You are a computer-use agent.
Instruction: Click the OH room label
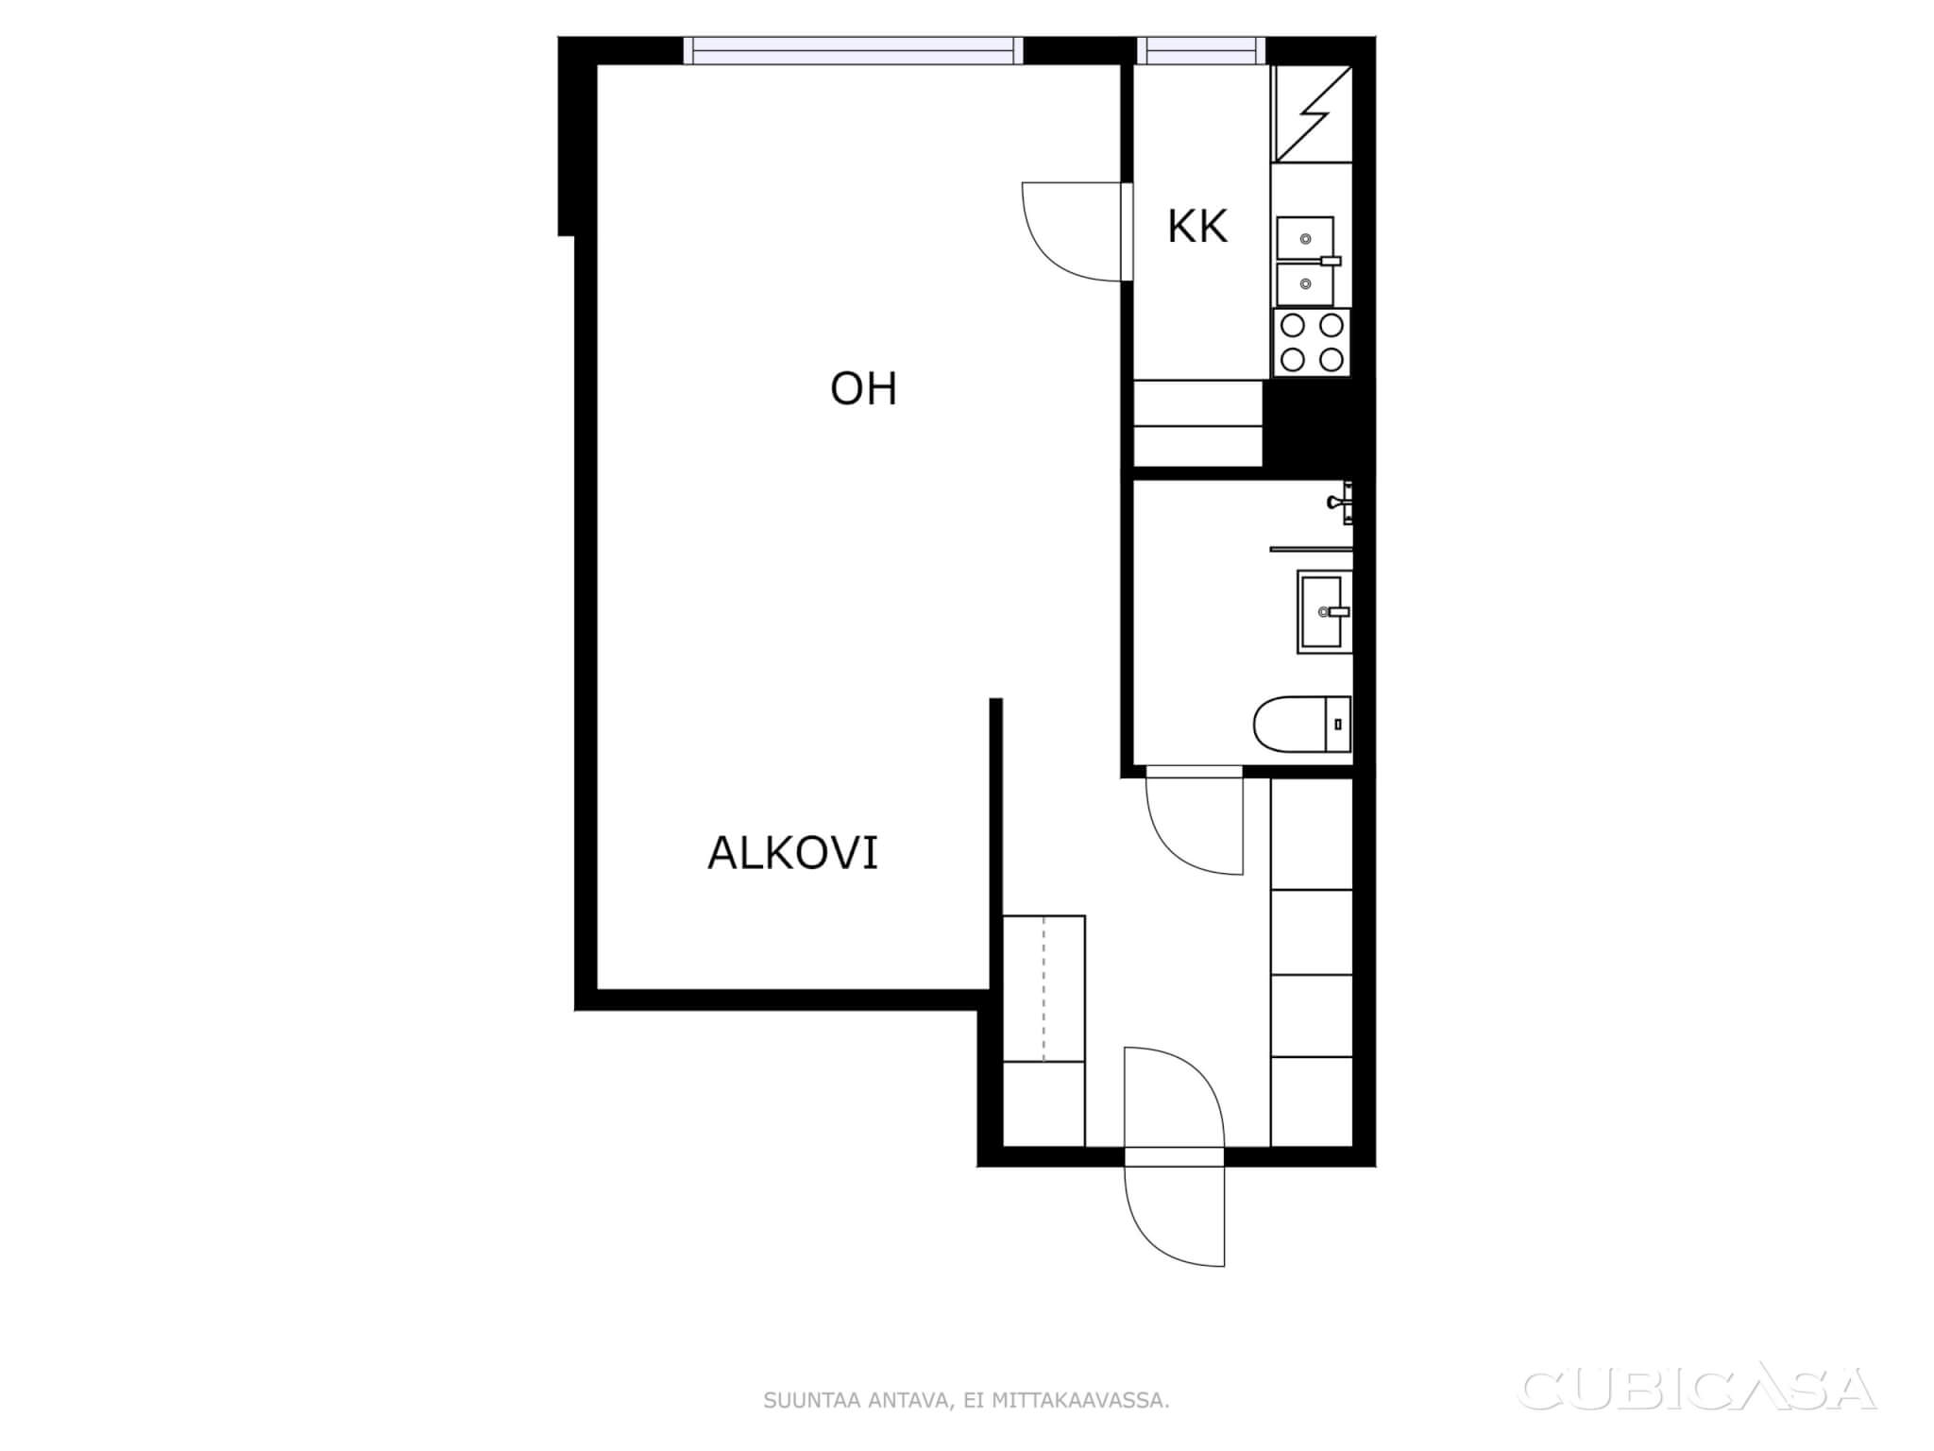[863, 389]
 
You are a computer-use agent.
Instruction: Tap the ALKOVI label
[792, 853]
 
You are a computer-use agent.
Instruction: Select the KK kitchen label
[1197, 227]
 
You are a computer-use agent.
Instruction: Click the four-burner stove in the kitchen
[1312, 343]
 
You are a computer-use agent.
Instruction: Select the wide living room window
[853, 50]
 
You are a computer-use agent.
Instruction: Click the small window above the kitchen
[1201, 50]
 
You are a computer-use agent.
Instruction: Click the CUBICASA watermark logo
[1697, 1389]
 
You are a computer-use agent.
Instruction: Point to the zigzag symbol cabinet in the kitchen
[1312, 113]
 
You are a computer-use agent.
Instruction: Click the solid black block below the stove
[1317, 423]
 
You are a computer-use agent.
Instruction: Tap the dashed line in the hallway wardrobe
[1043, 988]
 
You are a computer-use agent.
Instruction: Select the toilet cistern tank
[1338, 725]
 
